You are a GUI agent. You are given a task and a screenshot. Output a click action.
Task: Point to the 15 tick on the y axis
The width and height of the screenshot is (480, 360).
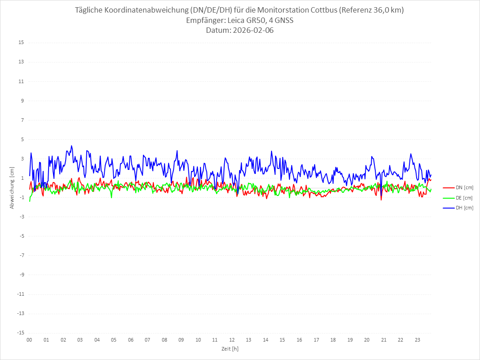point(21,43)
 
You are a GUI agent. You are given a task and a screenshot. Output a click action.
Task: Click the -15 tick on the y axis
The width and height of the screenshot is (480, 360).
point(20,333)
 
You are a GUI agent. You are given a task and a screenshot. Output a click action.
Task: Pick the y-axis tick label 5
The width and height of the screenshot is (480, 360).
point(22,139)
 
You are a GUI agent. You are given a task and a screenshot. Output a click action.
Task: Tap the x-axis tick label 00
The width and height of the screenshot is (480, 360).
point(29,340)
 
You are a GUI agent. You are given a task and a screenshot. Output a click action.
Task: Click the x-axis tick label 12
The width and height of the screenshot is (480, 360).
point(232,340)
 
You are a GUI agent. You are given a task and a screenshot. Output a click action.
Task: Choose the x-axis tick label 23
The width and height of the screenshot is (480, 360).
point(418,340)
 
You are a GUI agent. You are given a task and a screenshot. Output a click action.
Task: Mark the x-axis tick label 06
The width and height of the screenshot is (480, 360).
point(130,340)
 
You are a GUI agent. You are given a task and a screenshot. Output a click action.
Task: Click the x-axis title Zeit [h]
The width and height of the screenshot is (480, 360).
point(230,349)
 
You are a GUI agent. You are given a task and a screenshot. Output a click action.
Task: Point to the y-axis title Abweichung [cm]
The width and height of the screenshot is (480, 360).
point(12,187)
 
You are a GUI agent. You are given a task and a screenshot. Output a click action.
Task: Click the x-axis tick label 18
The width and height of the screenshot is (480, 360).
point(333,340)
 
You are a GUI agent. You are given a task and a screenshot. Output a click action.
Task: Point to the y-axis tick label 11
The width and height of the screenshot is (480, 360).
point(21,81)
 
